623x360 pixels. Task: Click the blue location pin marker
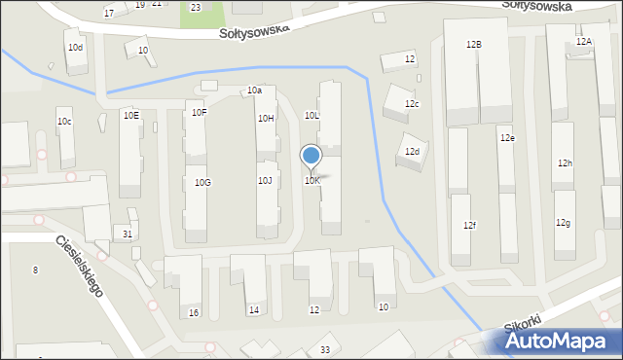click(311, 156)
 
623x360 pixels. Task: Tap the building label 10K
click(311, 181)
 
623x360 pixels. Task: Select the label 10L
click(312, 115)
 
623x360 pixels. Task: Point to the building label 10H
click(266, 119)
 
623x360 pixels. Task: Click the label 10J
click(265, 180)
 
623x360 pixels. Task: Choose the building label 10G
click(202, 183)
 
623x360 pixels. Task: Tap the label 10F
click(199, 113)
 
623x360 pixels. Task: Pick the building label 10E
click(130, 115)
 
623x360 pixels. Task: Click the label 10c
click(64, 122)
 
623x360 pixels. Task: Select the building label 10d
click(75, 47)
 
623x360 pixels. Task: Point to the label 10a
click(254, 90)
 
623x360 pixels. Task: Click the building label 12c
click(413, 104)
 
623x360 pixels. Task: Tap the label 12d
click(413, 152)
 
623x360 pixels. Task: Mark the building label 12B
click(474, 45)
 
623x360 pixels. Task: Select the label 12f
click(469, 226)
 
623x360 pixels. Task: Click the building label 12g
click(563, 223)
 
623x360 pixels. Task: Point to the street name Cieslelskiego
click(80, 266)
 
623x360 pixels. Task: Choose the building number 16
click(194, 312)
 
